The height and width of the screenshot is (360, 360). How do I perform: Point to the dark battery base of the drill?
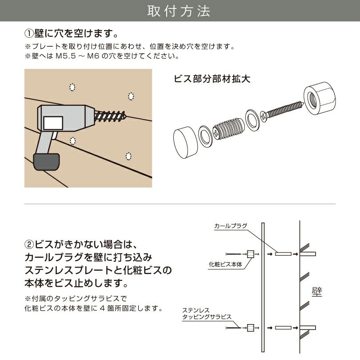point(46,160)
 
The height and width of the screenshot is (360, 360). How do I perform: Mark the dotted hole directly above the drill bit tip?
point(131,96)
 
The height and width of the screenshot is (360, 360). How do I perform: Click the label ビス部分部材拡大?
point(212,79)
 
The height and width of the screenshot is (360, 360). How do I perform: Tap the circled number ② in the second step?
point(29,245)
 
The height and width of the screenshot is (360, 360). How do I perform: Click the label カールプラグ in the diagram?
point(230,226)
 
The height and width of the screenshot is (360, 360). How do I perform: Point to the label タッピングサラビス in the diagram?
point(207,316)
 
